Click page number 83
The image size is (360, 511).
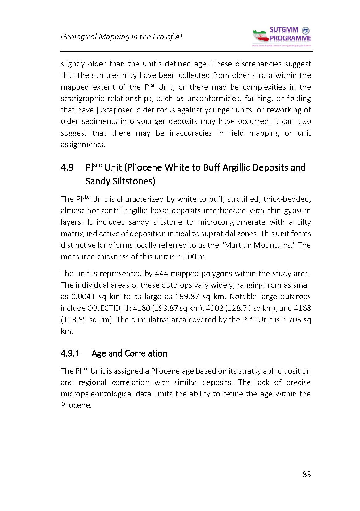tap(307, 474)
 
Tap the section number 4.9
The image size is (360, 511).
tap(67, 168)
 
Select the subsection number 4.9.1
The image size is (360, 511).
tap(70, 353)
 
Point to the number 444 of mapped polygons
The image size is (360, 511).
tap(161, 274)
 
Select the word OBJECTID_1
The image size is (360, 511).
tap(106, 308)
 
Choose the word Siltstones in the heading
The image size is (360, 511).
tap(120, 181)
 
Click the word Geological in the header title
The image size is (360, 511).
tap(78, 37)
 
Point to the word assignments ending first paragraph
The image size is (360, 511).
tap(82, 145)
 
